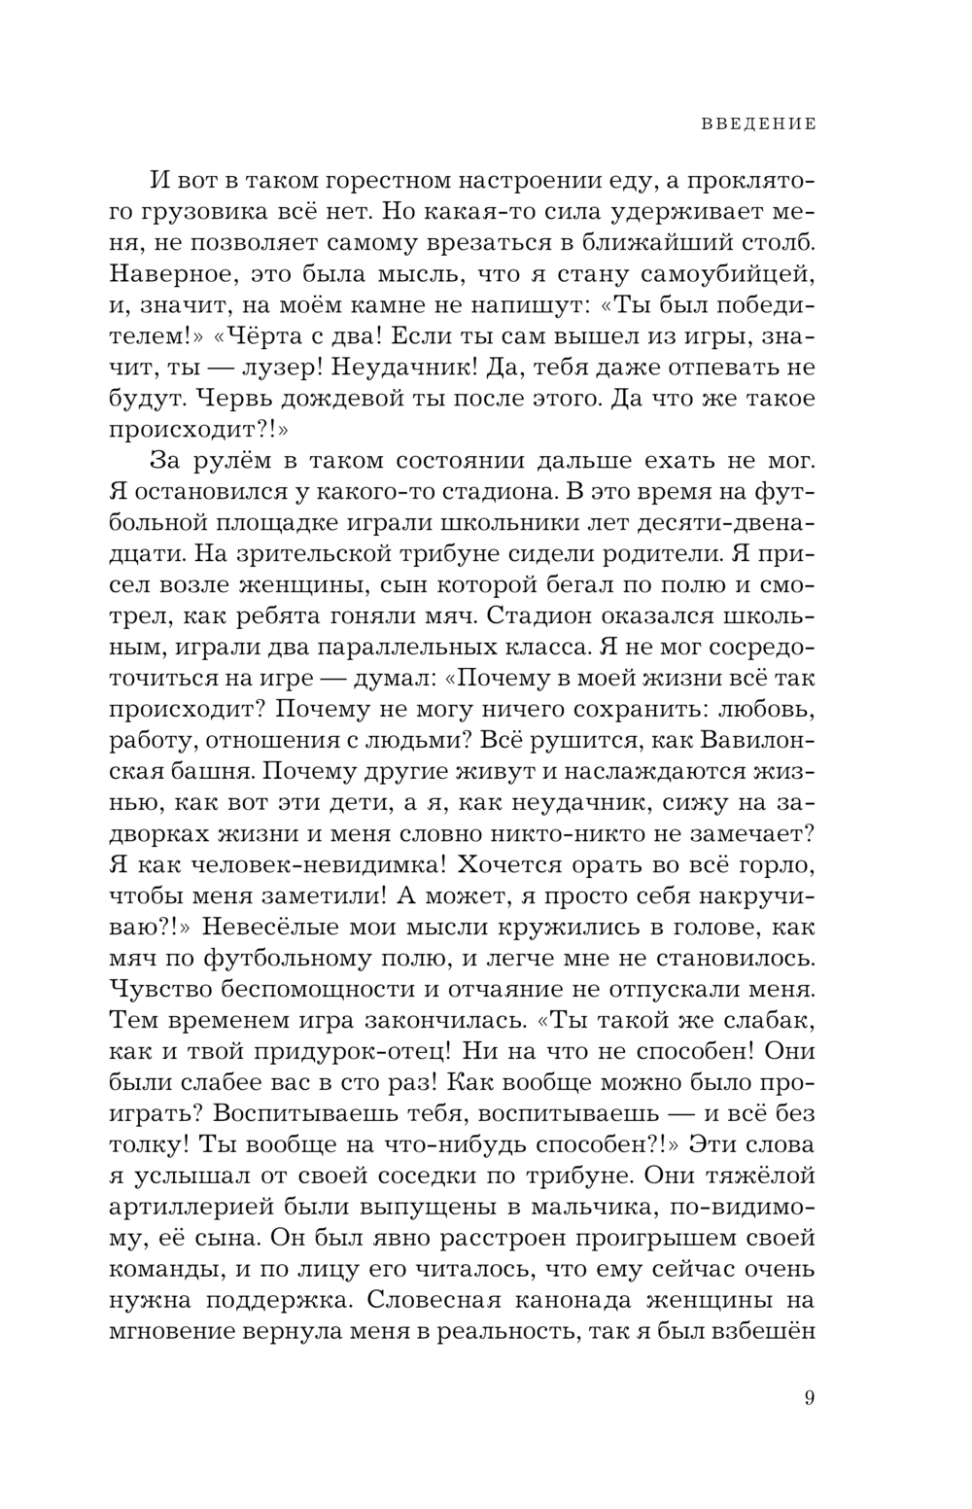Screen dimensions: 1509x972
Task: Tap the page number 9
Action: (x=810, y=1399)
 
